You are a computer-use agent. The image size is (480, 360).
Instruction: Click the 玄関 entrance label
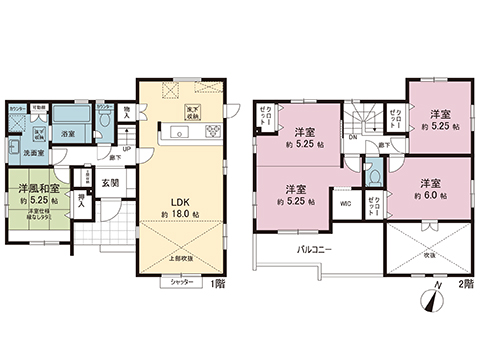tap(110, 183)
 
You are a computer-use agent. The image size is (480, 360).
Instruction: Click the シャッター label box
tap(181, 284)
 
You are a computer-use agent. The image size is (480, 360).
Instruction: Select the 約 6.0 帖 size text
tap(430, 196)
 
